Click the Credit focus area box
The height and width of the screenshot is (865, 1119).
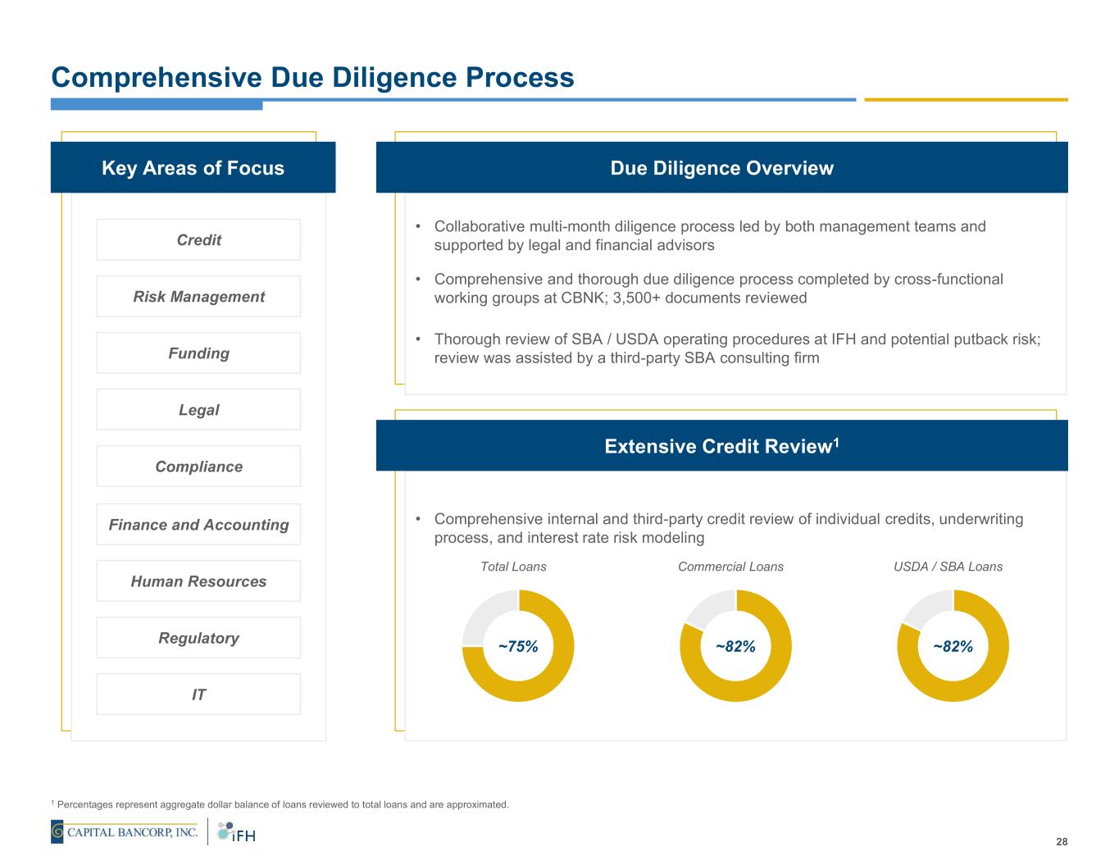(198, 239)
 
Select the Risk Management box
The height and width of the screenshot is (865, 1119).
(198, 296)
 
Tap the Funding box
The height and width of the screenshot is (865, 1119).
(198, 353)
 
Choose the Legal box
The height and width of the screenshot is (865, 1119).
(198, 409)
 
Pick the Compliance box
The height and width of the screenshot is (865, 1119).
(198, 466)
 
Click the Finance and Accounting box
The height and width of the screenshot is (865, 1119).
(198, 524)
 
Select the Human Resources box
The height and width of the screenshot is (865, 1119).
(198, 580)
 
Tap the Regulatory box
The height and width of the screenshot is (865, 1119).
(198, 637)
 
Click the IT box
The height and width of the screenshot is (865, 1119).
(198, 694)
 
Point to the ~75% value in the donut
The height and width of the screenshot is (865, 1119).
(518, 646)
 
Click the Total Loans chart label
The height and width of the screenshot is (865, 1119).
(513, 567)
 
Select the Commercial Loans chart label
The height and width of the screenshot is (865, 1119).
(730, 567)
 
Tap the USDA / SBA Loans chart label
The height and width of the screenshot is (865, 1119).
(948, 567)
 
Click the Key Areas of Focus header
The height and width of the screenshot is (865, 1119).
(193, 168)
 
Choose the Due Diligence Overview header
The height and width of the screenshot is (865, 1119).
(721, 168)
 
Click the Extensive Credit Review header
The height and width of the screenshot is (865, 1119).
(721, 446)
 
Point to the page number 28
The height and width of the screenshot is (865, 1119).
(1062, 842)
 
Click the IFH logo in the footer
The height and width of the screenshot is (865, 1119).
(237, 832)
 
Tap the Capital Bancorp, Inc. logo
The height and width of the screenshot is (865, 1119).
(125, 832)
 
